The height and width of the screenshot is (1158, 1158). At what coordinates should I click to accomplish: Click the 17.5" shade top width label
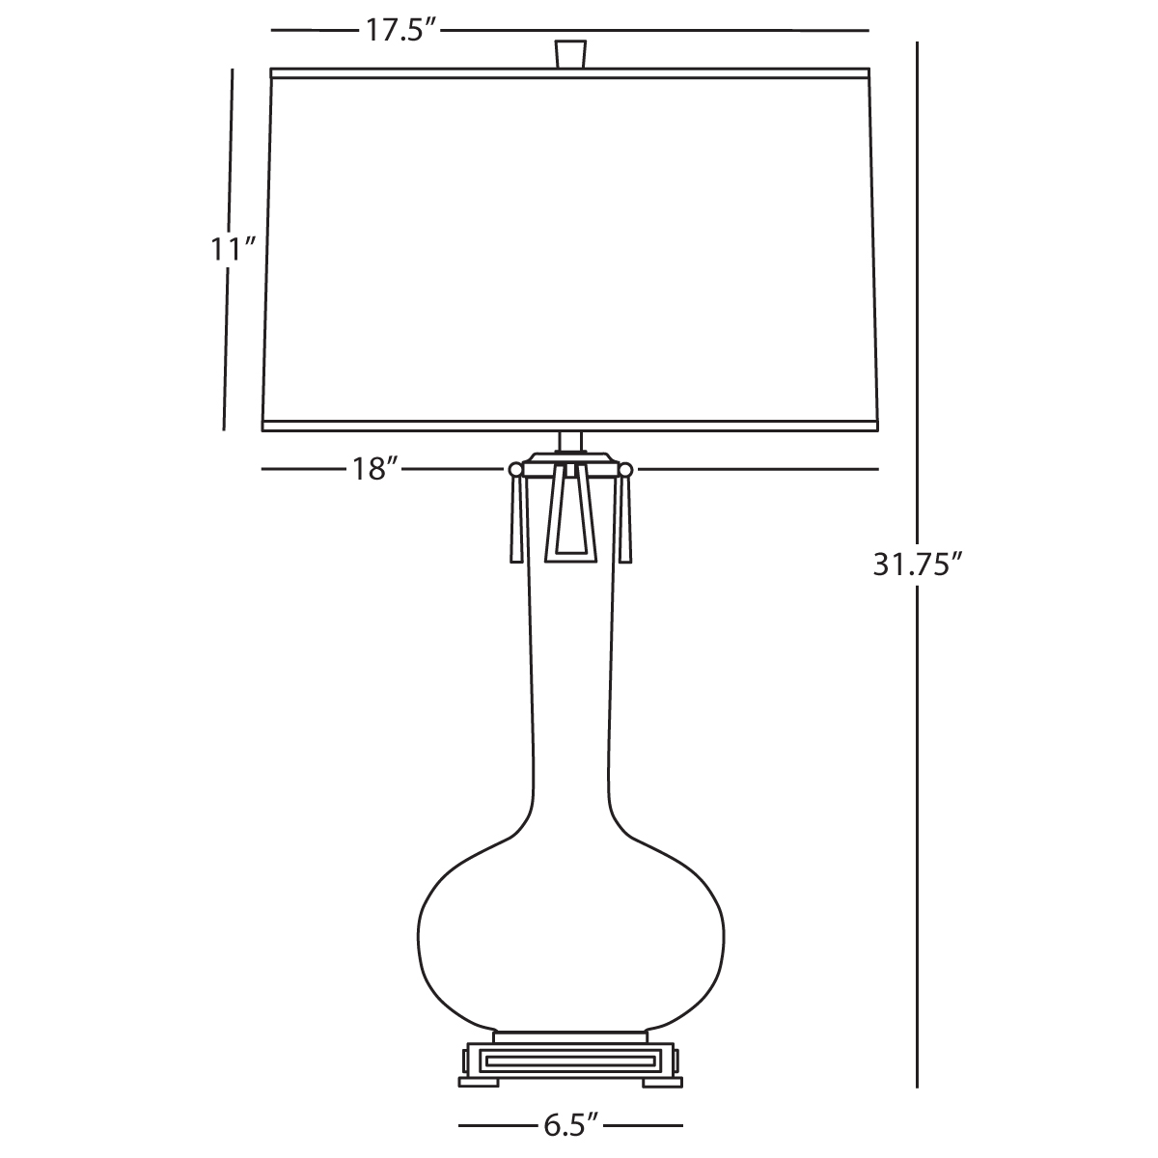pyautogui.click(x=400, y=30)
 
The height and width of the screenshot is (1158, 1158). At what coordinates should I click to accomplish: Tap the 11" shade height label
pyautogui.click(x=234, y=249)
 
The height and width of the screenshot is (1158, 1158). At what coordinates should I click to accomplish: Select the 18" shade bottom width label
pyautogui.click(x=375, y=469)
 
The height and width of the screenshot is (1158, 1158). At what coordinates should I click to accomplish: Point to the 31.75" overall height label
pyautogui.click(x=918, y=565)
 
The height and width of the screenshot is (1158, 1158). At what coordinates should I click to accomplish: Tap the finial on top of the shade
pyautogui.click(x=570, y=54)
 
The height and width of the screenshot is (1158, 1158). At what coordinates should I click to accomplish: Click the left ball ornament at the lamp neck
pyautogui.click(x=515, y=469)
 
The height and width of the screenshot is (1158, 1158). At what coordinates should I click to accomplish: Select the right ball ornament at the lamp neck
pyautogui.click(x=625, y=469)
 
